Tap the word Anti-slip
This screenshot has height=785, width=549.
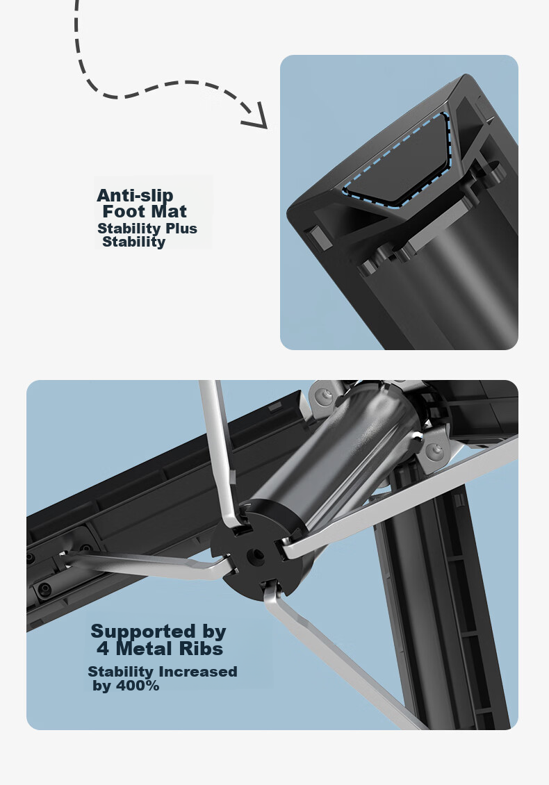pos(135,195)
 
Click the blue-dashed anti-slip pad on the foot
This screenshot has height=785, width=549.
pos(398,161)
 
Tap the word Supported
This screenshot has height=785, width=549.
pos(142,632)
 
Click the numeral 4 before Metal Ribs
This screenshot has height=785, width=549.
pos(103,649)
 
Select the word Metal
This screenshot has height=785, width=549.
pos(145,649)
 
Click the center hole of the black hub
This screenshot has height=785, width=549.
pos(257,554)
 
